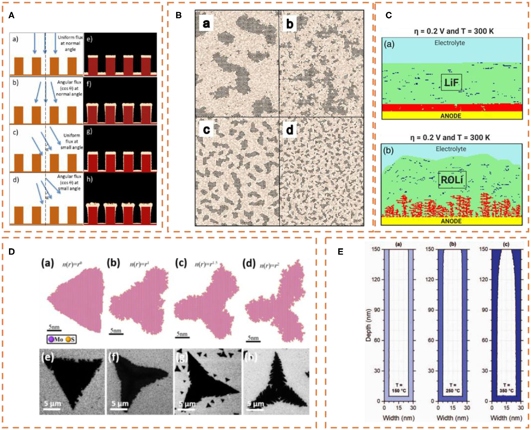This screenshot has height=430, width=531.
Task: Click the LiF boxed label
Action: coord(451,82)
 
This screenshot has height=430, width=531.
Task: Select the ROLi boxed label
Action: coord(452,180)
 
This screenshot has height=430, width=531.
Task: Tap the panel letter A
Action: coord(11,15)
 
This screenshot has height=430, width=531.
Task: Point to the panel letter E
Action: coord(341,251)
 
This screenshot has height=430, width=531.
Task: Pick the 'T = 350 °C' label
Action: coord(506,388)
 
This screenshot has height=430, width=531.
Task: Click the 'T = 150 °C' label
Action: coord(399,388)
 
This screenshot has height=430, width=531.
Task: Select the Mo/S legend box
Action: coord(62,339)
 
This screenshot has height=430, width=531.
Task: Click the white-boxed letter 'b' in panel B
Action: coord(290,24)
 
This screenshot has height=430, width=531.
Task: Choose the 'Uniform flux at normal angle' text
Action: coord(70,43)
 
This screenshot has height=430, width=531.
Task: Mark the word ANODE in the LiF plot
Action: coord(451,116)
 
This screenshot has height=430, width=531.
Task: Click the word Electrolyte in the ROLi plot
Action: coord(451,149)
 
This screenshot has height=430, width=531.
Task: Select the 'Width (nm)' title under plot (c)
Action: coord(506,418)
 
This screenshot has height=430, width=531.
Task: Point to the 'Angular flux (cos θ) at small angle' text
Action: coord(69,182)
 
